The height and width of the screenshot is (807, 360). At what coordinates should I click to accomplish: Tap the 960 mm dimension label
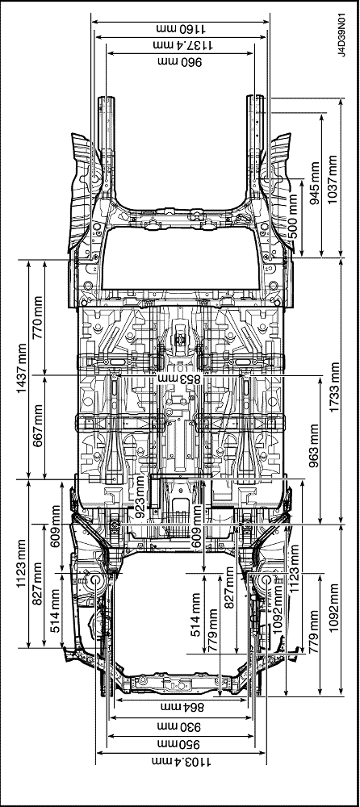pos(180,62)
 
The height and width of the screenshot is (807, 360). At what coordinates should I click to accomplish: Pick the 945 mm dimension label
pos(315,183)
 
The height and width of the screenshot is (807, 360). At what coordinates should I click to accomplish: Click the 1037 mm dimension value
pos(333,179)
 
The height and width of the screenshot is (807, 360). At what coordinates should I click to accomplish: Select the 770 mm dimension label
pos(38,318)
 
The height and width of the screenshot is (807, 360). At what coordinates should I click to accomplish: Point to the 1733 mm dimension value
pos(335,387)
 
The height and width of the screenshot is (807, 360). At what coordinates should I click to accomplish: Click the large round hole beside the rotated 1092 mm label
pos(266,580)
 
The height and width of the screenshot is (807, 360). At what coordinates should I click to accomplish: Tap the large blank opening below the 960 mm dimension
pos(180,258)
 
